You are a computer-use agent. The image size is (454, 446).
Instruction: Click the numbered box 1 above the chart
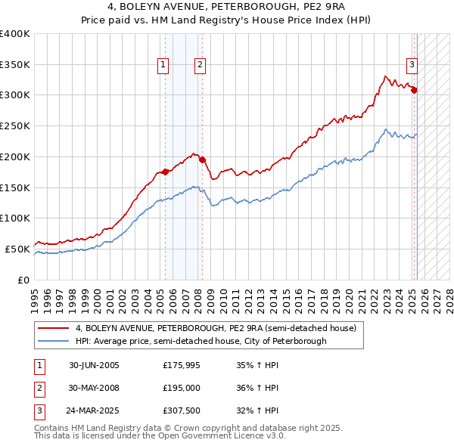click(x=163, y=66)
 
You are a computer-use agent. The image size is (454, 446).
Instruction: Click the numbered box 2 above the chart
click(x=200, y=66)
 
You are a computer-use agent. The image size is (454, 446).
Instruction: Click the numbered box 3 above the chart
click(x=412, y=66)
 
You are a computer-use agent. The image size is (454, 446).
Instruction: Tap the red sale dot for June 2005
click(x=166, y=172)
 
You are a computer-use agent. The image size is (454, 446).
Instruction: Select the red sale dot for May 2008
click(x=203, y=160)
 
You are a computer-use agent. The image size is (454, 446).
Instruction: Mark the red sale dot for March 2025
click(x=415, y=90)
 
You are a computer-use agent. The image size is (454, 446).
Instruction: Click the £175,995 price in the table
click(x=180, y=365)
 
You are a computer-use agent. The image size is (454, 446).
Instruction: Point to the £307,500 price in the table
click(x=180, y=412)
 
